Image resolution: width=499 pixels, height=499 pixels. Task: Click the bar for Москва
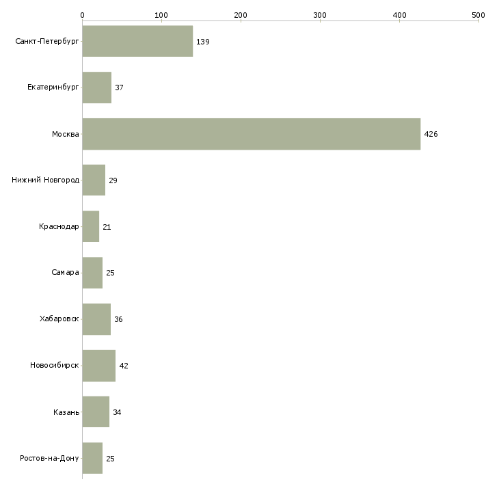pyautogui.click(x=251, y=134)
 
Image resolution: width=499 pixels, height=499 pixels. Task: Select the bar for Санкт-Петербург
pyautogui.click(x=137, y=41)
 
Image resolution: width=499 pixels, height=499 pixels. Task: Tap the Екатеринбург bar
pyautogui.click(x=96, y=87)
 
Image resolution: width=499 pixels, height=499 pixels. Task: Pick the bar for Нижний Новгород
pyautogui.click(x=94, y=180)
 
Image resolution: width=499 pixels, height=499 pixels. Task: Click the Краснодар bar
pyautogui.click(x=91, y=226)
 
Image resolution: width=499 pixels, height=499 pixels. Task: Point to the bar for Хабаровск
pyautogui.click(x=96, y=319)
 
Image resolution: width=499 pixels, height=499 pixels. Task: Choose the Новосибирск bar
pyautogui.click(x=98, y=366)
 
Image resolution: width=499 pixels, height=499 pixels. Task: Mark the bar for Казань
pyautogui.click(x=96, y=412)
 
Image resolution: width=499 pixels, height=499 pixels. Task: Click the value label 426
pyautogui.click(x=431, y=134)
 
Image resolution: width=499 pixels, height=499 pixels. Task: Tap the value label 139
pyautogui.click(x=202, y=42)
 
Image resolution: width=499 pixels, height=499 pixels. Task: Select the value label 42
pyautogui.click(x=124, y=366)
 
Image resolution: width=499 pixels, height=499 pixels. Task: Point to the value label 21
pyautogui.click(x=107, y=227)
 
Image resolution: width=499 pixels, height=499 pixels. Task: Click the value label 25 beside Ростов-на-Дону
pyautogui.click(x=110, y=459)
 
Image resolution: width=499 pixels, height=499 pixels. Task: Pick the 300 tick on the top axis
pyautogui.click(x=320, y=15)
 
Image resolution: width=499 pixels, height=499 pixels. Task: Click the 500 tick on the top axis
pyautogui.click(x=478, y=15)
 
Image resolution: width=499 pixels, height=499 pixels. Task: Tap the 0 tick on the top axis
pyautogui.click(x=82, y=15)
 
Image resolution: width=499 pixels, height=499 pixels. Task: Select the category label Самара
pyautogui.click(x=65, y=273)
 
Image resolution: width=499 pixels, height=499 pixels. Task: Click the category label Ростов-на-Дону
pyautogui.click(x=50, y=458)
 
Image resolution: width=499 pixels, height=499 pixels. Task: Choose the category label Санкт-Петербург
pyautogui.click(x=47, y=42)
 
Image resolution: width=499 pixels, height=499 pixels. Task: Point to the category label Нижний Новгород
pyautogui.click(x=46, y=180)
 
